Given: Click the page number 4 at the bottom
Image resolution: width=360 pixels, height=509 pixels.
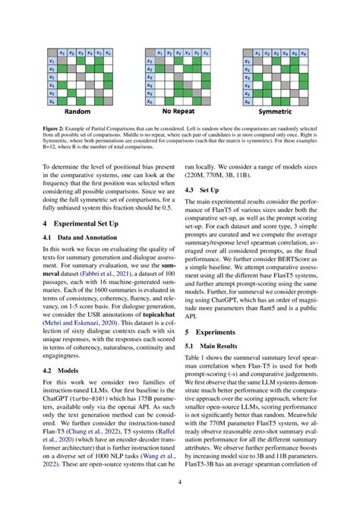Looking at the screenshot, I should point(180,482).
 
